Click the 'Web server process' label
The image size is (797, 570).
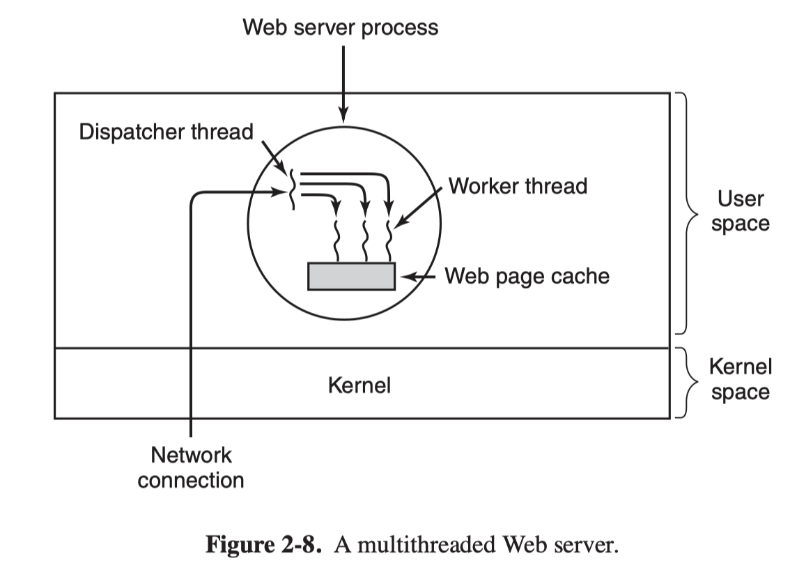pyautogui.click(x=341, y=28)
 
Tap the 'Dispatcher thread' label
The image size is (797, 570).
pyautogui.click(x=166, y=132)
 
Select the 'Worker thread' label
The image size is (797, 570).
pyautogui.click(x=518, y=186)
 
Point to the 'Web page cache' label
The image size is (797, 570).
pyautogui.click(x=527, y=276)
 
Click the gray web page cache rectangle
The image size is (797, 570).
pyautogui.click(x=351, y=276)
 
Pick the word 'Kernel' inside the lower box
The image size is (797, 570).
pyautogui.click(x=359, y=384)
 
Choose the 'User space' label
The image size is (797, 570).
pyautogui.click(x=740, y=211)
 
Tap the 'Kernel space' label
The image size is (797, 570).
pyautogui.click(x=740, y=379)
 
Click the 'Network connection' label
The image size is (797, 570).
pyautogui.click(x=191, y=468)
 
